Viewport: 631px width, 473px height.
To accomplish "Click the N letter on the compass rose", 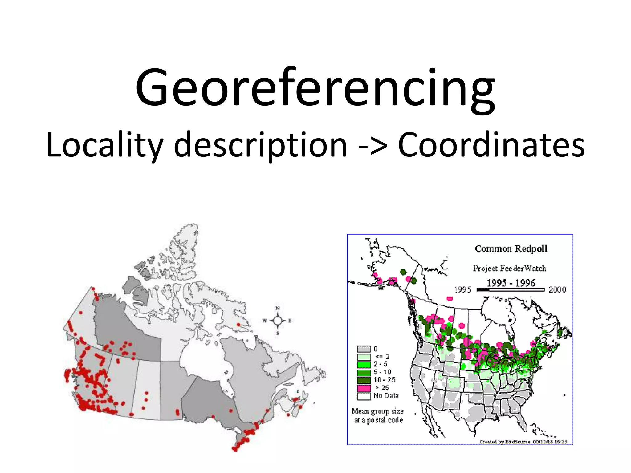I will pyautogui.click(x=278, y=308).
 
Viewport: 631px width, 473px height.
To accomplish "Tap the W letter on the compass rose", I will pyautogui.click(x=264, y=321).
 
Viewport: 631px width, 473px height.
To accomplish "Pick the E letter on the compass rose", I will pyautogui.click(x=290, y=321).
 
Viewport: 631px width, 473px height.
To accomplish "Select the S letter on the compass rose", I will pyautogui.click(x=278, y=333).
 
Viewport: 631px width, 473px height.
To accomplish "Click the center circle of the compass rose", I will pyautogui.click(x=278, y=321).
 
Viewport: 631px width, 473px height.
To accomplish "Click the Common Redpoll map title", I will pyautogui.click(x=511, y=249).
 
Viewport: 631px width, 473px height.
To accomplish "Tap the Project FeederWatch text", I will pyautogui.click(x=510, y=268).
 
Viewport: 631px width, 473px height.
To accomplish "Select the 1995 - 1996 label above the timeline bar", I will pyautogui.click(x=511, y=283).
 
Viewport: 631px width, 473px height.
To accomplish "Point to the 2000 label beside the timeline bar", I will pyautogui.click(x=557, y=290).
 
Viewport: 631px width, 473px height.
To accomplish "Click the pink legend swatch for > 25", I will pyautogui.click(x=364, y=388).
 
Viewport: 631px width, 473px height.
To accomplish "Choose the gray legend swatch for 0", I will pyautogui.click(x=364, y=349).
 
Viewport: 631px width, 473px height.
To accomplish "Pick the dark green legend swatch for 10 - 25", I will pyautogui.click(x=364, y=380).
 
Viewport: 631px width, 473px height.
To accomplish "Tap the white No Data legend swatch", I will pyautogui.click(x=364, y=396).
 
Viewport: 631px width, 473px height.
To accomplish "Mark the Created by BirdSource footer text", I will pyautogui.click(x=523, y=442).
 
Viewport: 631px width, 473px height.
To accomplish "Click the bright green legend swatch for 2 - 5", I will pyautogui.click(x=364, y=365).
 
